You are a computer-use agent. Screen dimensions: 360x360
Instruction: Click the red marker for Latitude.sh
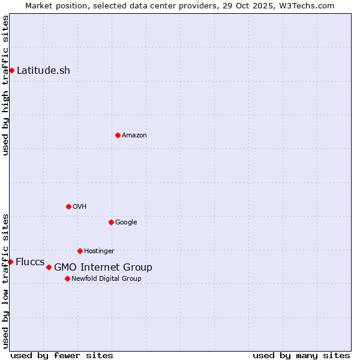point(11,71)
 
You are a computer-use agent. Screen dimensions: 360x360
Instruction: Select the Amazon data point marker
point(118,135)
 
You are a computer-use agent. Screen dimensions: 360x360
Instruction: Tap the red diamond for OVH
point(68,206)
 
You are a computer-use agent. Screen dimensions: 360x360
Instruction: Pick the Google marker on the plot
point(111,222)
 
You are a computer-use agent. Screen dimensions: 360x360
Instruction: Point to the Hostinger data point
point(80,251)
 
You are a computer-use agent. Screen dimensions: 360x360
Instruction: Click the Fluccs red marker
point(10,262)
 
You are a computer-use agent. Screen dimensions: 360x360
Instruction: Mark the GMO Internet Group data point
point(49,267)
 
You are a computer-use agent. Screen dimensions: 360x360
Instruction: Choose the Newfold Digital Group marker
point(67,278)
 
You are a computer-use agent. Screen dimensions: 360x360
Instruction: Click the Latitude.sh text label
point(43,71)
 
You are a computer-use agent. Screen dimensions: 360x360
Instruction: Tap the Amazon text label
point(134,136)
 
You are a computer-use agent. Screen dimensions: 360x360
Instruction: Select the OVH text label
point(80,207)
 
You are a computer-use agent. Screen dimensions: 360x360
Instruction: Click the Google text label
point(126,223)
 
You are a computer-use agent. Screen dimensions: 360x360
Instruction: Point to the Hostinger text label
point(99,251)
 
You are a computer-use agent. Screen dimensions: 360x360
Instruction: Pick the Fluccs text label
point(30,262)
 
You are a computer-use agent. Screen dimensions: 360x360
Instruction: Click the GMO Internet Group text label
point(103,268)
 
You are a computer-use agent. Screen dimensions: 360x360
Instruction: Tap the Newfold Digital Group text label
point(106,279)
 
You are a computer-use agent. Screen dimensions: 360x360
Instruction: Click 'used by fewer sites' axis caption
point(62,355)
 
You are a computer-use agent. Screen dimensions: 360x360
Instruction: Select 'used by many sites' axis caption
point(301,355)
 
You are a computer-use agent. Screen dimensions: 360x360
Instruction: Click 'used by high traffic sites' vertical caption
point(6,85)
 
